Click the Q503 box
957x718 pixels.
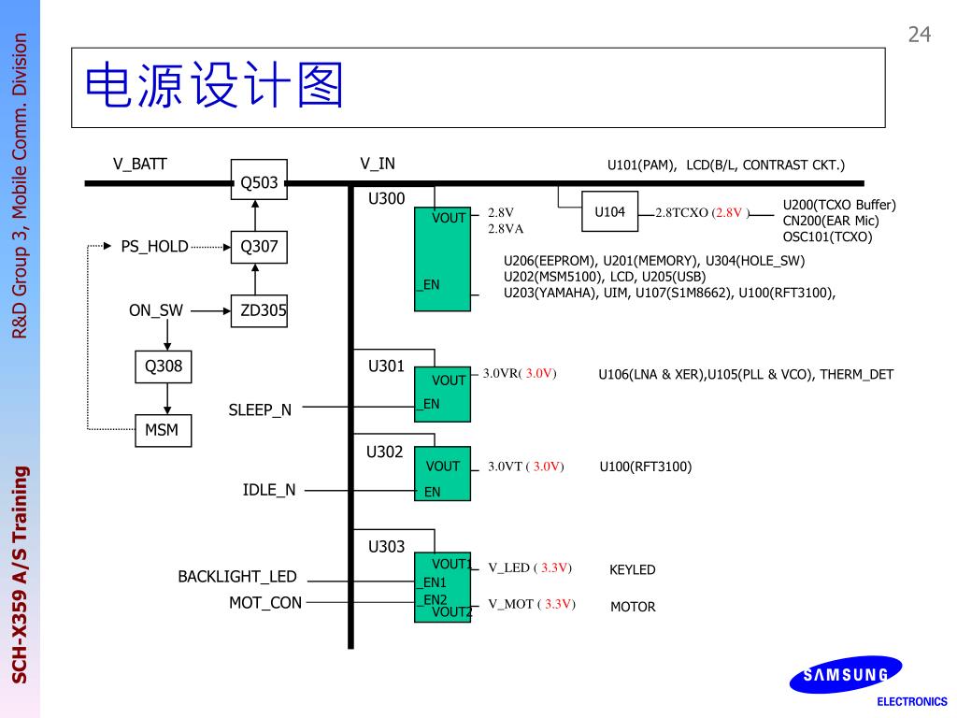(x=259, y=181)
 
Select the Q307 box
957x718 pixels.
(x=259, y=247)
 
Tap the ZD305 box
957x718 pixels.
(x=259, y=310)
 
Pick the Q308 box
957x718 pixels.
(x=164, y=366)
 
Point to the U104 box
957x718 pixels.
(x=609, y=212)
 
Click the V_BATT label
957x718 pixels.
(x=140, y=165)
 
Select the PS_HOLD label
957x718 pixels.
(x=154, y=247)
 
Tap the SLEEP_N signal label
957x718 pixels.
(x=260, y=409)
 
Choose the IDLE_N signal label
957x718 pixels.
(x=269, y=490)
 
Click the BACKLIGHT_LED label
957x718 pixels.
(x=237, y=577)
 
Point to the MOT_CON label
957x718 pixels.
(x=265, y=603)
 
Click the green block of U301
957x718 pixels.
(x=443, y=394)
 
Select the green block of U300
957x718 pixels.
(x=443, y=259)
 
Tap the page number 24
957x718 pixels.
(x=920, y=35)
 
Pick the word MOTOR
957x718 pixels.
(x=633, y=607)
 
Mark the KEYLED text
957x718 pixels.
(x=633, y=569)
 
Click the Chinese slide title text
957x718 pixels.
(x=215, y=87)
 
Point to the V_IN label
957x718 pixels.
(x=378, y=164)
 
